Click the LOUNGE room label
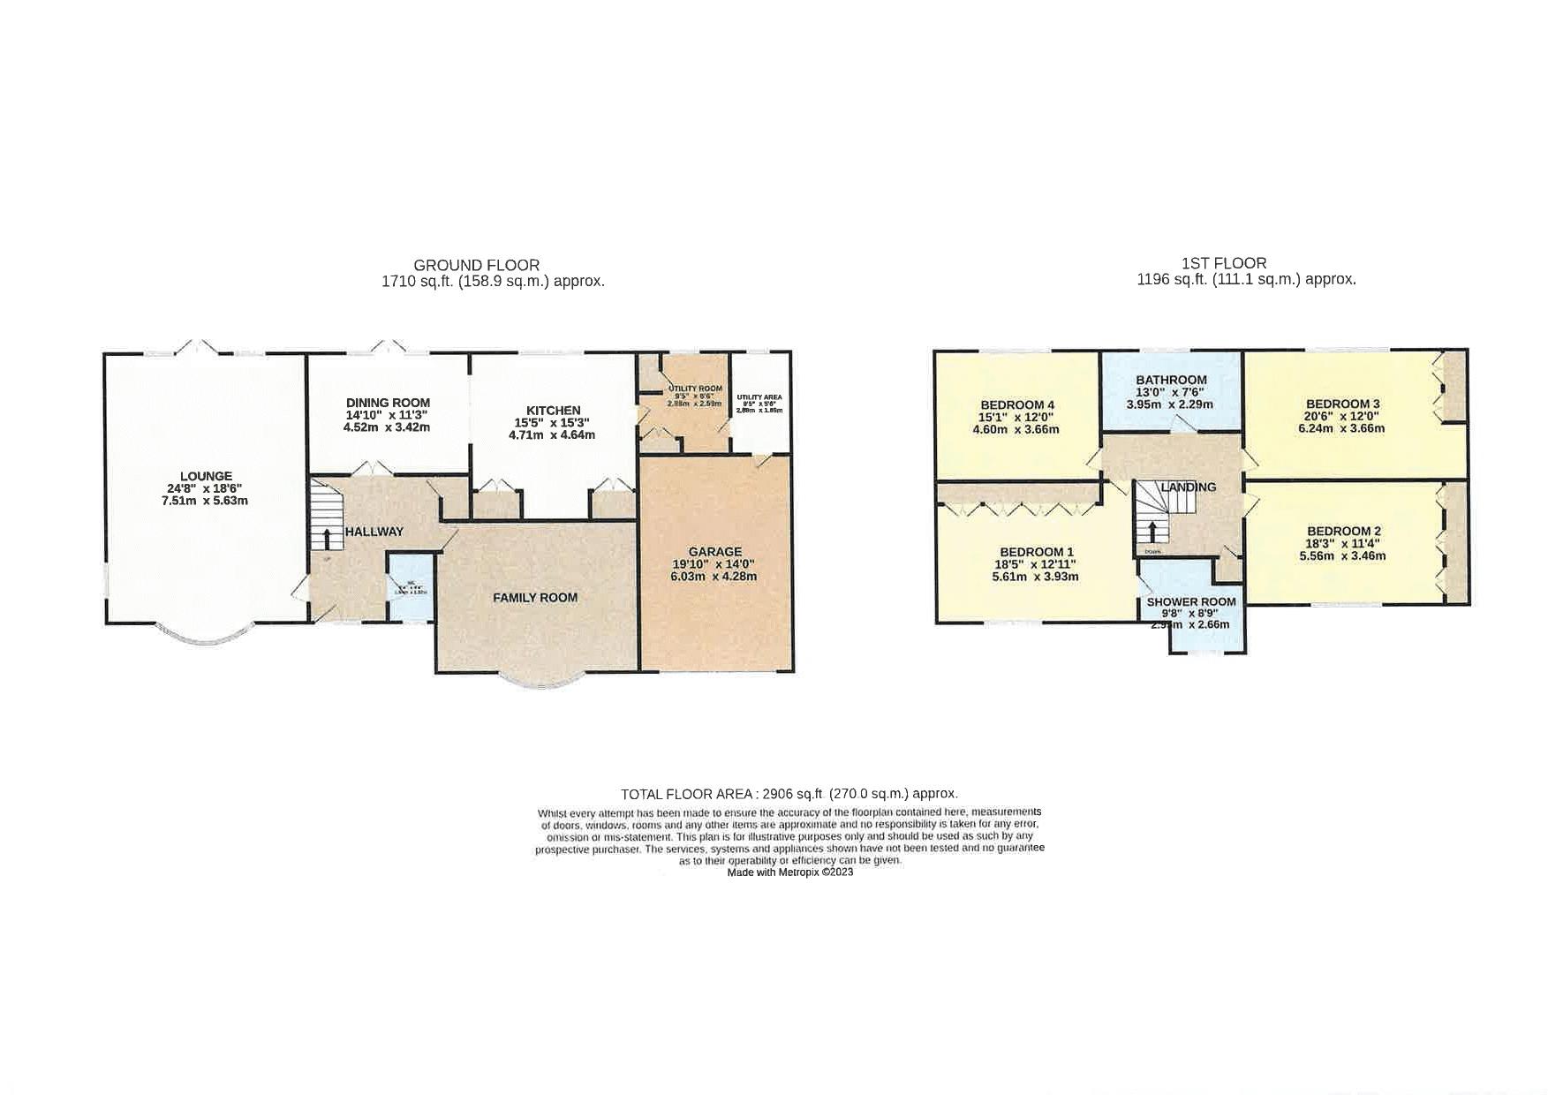click(x=206, y=477)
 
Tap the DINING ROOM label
click(x=388, y=403)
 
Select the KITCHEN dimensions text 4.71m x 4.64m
click(x=552, y=434)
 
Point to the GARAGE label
click(x=714, y=552)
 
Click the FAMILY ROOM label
click(x=535, y=598)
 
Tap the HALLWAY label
click(x=374, y=532)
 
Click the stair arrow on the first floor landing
click(x=1152, y=532)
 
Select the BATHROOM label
click(x=1171, y=380)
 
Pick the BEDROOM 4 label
click(x=1016, y=405)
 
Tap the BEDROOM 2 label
click(x=1343, y=532)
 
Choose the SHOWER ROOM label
click(x=1191, y=602)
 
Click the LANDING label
click(x=1188, y=487)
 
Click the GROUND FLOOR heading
click(x=476, y=265)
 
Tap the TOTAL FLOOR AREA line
click(x=789, y=794)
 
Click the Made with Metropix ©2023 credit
click(x=789, y=872)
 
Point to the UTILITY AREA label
click(x=759, y=398)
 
